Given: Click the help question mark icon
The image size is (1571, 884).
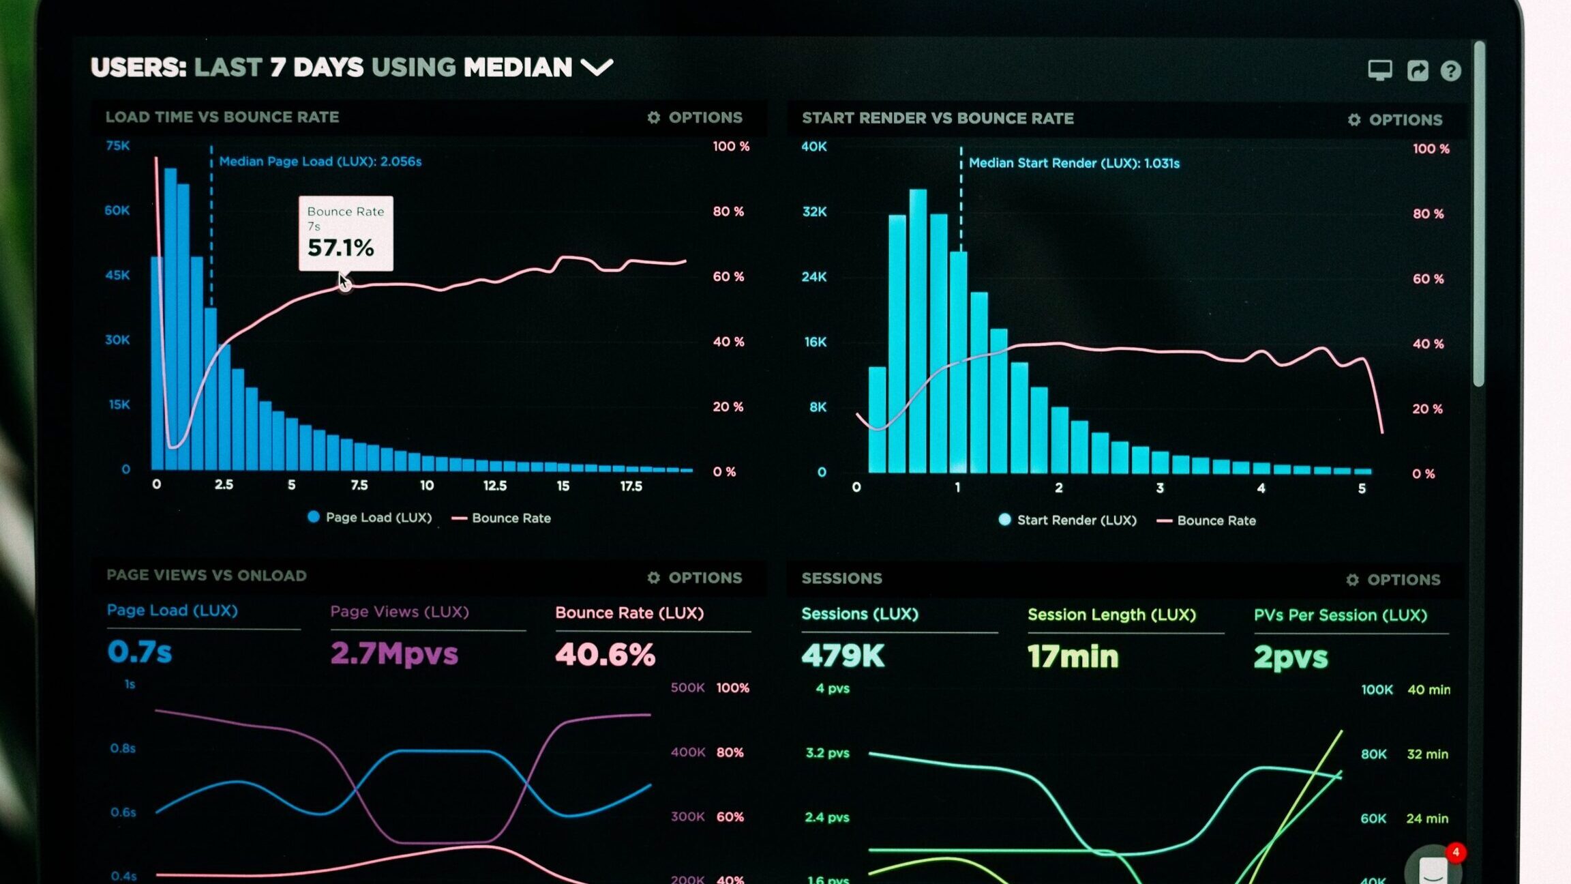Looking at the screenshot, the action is [x=1450, y=71].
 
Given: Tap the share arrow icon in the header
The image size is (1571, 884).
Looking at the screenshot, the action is [x=1418, y=70].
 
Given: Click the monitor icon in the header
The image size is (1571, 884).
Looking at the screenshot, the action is [x=1380, y=70].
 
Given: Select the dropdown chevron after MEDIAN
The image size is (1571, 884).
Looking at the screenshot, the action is [x=597, y=67].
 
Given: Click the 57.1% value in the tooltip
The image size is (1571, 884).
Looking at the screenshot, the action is [x=340, y=248].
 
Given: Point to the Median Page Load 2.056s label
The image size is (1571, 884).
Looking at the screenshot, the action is [x=320, y=162].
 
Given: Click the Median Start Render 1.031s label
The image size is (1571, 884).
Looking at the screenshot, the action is [x=1074, y=163].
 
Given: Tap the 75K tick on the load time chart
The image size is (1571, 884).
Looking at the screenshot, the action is [x=118, y=145].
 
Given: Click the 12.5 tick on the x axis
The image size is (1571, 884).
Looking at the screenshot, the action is [x=495, y=486].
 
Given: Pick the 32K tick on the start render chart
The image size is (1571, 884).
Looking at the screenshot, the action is [x=814, y=211].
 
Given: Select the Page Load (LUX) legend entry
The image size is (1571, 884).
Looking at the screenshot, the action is [x=370, y=518].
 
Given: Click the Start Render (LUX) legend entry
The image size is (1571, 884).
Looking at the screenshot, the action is [x=1068, y=520].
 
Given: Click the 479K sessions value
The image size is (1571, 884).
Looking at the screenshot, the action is [x=843, y=656].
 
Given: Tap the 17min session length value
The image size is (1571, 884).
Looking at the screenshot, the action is [x=1073, y=656].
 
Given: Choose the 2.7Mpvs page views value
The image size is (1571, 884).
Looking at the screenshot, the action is [x=394, y=653].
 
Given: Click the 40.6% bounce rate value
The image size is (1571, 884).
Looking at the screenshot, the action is [x=605, y=655].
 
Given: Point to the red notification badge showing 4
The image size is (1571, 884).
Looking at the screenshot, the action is [x=1456, y=852].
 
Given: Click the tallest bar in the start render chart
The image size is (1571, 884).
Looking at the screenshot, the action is [x=918, y=331].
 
